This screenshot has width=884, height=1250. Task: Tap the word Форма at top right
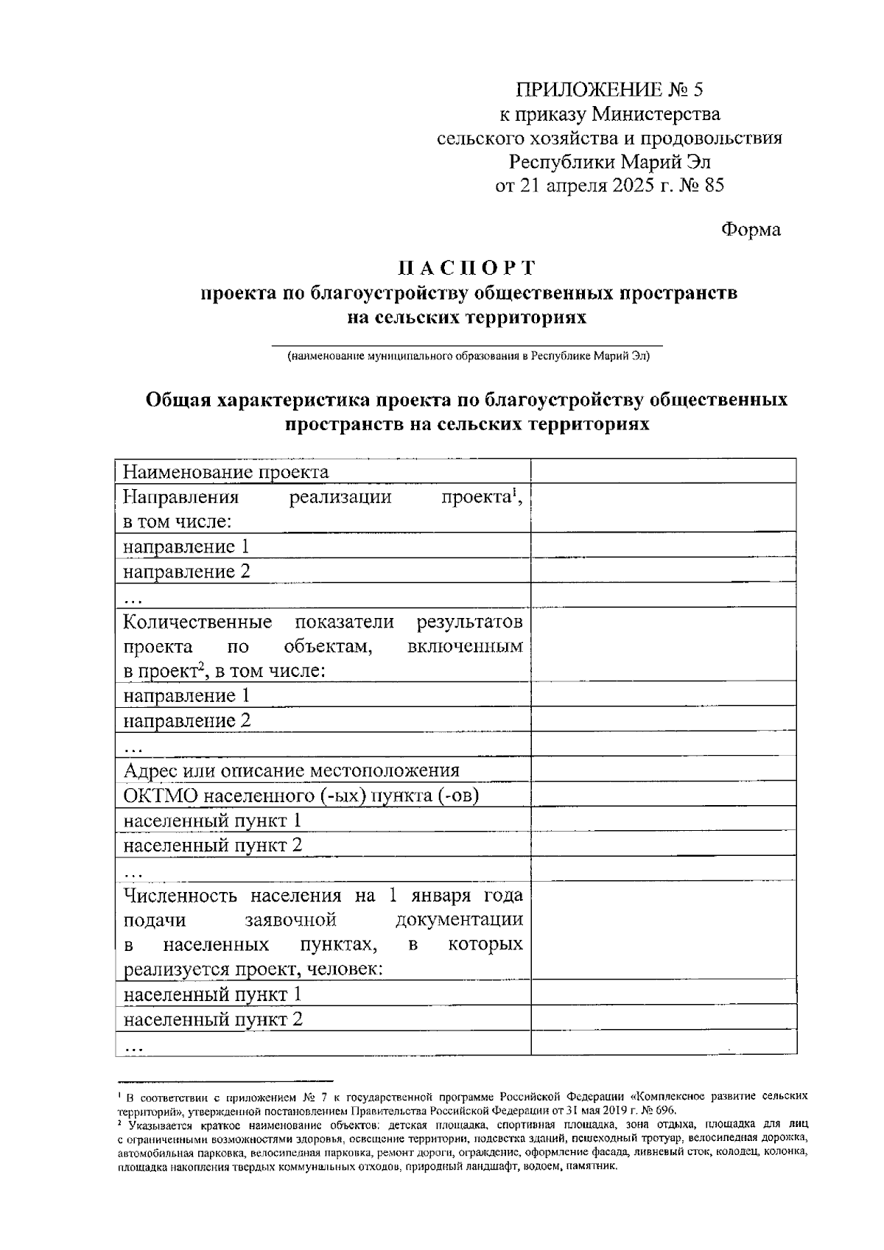750,230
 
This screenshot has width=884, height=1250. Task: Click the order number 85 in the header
714,185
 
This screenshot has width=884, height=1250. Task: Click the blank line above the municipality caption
467,344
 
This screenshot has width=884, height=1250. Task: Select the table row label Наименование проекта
226,471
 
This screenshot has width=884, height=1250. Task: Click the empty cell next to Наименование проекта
663,471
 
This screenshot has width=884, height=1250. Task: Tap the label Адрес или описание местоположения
292,770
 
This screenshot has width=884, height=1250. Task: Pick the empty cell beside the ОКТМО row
663,796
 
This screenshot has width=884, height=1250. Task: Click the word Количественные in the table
197,622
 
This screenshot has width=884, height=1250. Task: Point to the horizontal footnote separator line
225,1079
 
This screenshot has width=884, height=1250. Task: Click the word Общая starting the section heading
179,400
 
